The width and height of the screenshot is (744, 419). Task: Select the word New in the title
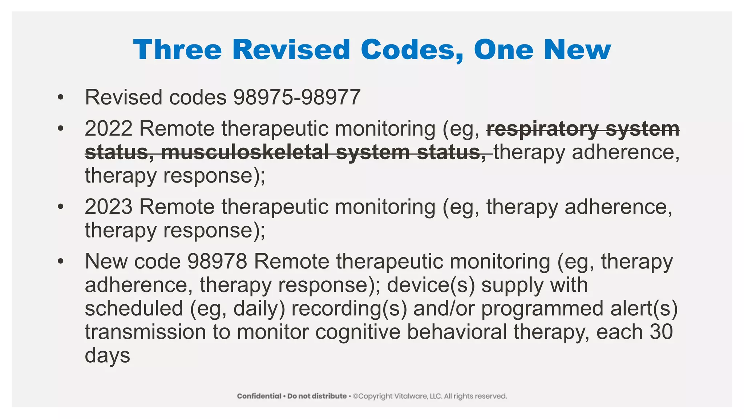coord(578,50)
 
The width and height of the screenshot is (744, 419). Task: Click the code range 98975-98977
coord(297,97)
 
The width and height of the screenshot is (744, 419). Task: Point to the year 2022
coord(108,129)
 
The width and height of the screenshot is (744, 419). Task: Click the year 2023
coord(108,207)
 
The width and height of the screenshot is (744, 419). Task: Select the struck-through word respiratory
coord(542,129)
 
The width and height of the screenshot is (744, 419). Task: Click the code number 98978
coord(217,262)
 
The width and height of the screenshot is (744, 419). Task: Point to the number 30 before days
coord(661,332)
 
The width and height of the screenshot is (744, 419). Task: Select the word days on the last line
coord(107,355)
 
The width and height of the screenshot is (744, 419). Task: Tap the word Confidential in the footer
coord(259,396)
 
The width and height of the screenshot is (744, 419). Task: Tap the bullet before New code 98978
coord(60,262)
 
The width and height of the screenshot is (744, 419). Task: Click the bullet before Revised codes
coord(60,97)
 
